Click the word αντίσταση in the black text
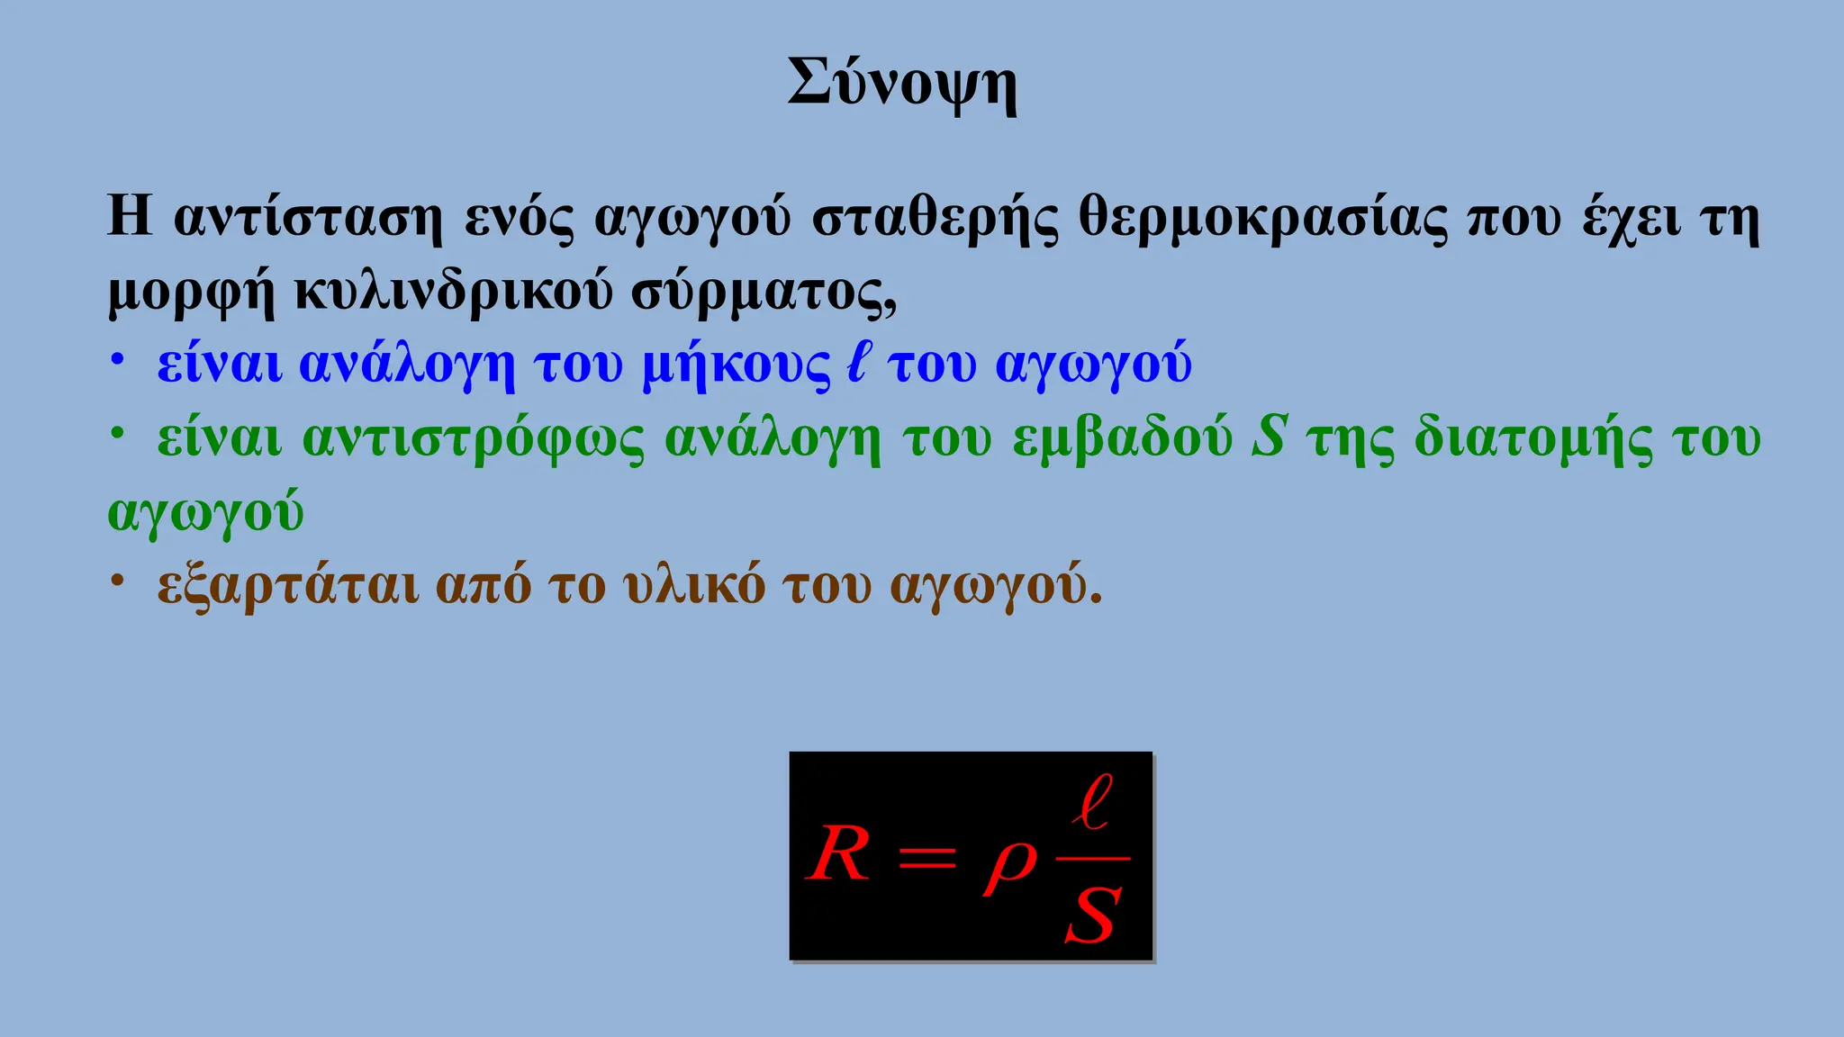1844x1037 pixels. click(308, 219)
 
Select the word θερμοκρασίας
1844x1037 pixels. click(1262, 219)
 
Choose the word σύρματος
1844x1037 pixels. click(762, 292)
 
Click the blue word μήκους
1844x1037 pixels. click(736, 365)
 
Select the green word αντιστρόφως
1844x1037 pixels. click(473, 439)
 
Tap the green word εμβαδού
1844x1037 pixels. click(1122, 439)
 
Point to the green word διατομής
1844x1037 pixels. click(1533, 439)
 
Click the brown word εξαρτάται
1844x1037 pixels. click(288, 586)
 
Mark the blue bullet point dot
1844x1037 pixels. click(116, 361)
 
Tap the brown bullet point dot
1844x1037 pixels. click(116, 581)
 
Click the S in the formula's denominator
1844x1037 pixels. click(1093, 915)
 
